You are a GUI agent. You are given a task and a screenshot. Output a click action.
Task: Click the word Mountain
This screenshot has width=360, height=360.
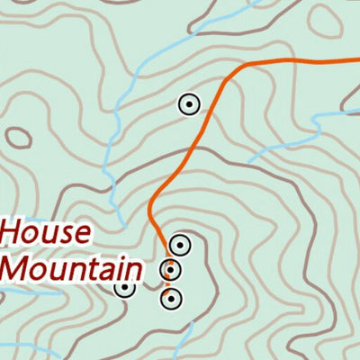pos(71,268)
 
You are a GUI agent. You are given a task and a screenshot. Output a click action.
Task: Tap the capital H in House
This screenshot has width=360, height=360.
pos(13,233)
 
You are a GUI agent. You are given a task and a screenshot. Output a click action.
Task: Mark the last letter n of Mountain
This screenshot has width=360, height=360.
pos(134,270)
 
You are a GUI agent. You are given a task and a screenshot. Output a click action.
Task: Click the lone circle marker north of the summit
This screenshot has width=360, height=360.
pos(188,105)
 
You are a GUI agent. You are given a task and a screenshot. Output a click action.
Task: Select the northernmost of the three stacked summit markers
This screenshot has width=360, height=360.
pos(179,245)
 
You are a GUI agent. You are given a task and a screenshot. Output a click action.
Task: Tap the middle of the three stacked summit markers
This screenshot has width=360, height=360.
pos(171,270)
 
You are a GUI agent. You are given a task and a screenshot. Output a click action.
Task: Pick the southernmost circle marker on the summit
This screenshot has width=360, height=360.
pos(171,298)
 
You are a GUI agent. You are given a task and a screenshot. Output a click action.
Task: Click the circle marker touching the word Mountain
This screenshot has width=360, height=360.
pos(125,287)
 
